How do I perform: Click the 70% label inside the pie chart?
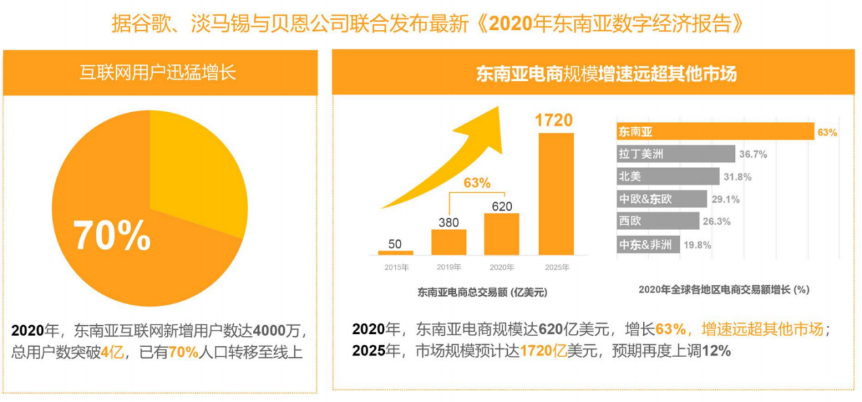coord(112,235)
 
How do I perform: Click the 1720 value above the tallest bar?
coord(553,120)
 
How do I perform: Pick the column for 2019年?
coord(449,241)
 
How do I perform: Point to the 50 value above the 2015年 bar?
coord(395,244)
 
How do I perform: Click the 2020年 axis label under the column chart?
coord(501,267)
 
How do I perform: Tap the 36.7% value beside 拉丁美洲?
coord(753,154)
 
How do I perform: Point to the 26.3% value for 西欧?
coord(717,221)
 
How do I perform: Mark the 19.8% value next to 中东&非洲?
coord(697,245)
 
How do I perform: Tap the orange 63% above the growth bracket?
coord(477,182)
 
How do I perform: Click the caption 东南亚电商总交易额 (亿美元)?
coord(482,292)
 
